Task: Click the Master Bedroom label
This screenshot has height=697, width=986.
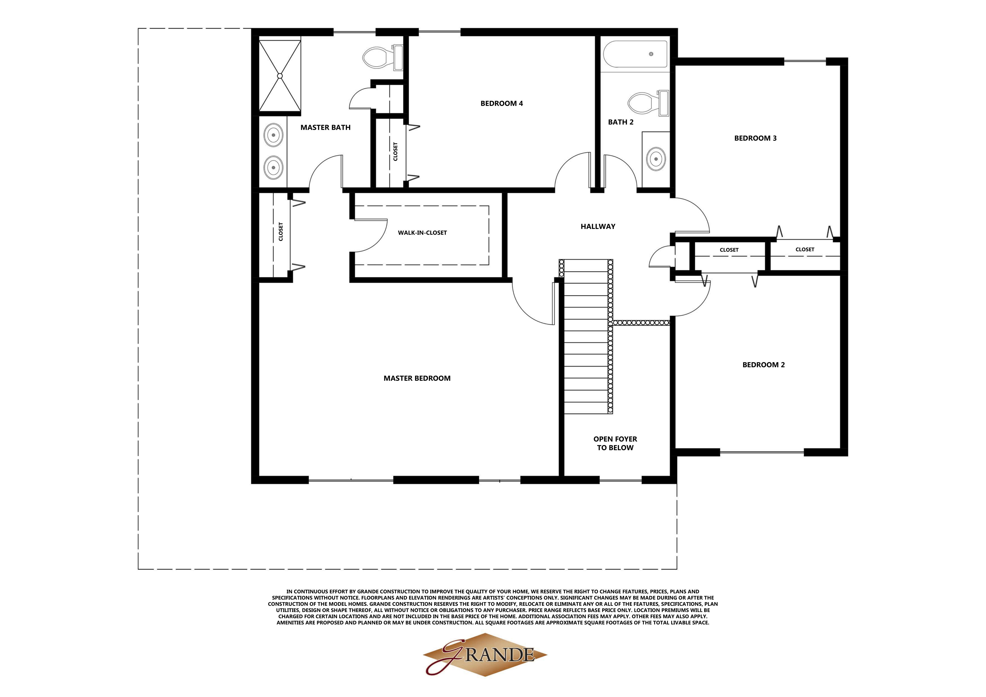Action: tap(417, 378)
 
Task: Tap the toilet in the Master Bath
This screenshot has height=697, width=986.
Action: tap(382, 58)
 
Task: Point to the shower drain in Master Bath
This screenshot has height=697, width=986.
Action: tap(280, 76)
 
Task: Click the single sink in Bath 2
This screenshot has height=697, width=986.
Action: tap(656, 159)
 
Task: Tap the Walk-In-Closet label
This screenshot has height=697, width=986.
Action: tap(422, 233)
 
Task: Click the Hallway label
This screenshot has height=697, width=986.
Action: tap(598, 226)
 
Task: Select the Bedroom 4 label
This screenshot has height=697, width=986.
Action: tap(502, 103)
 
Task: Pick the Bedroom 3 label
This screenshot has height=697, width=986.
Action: tap(755, 138)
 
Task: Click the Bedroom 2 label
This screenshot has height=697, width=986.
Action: tap(764, 365)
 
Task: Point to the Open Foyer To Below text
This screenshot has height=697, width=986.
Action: tap(615, 443)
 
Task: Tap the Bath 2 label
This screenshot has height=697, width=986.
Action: tap(621, 122)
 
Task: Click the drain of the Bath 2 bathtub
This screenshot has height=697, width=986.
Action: tap(651, 54)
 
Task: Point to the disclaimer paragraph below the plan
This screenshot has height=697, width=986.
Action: tap(493, 607)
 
